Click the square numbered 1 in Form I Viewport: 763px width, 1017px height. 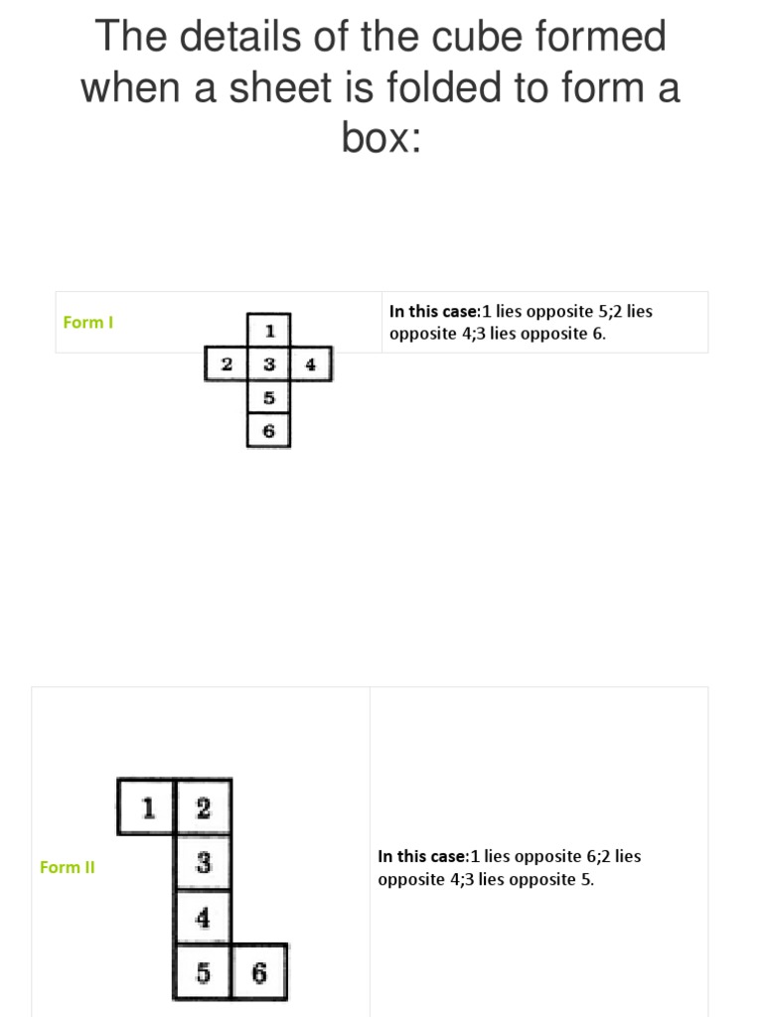(269, 329)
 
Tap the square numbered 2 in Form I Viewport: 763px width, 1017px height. (227, 364)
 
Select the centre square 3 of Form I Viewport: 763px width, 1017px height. (269, 364)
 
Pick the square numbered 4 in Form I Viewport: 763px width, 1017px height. (311, 364)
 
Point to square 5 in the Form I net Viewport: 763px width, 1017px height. (269, 398)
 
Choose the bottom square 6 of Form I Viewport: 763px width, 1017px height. (269, 432)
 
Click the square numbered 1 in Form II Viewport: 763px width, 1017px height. (147, 807)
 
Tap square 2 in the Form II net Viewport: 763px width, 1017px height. (204, 807)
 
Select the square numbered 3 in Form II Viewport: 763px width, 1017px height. (204, 862)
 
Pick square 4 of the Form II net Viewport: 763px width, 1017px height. (204, 917)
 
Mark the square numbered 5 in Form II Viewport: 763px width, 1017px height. (204, 972)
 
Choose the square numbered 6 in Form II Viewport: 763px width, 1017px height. (259, 972)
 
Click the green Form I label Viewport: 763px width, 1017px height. (88, 322)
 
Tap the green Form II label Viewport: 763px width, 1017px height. (68, 867)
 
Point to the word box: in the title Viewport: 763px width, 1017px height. (382, 138)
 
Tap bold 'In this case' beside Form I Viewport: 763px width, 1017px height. (434, 311)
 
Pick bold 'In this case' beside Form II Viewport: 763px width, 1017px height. (422, 856)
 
